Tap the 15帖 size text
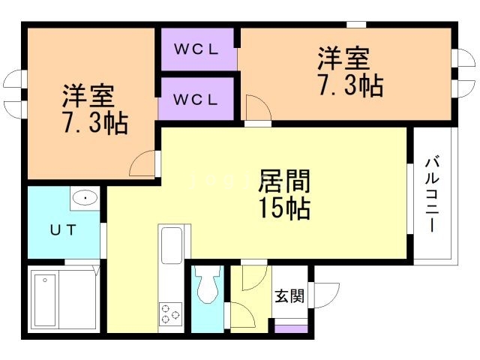284,209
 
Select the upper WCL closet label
196,50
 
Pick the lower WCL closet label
196,98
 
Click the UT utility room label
64,230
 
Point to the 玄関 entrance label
289,296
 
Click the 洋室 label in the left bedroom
88,97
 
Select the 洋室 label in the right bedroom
344,58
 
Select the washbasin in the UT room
85,199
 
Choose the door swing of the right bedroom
255,109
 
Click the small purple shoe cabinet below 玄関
290,328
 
